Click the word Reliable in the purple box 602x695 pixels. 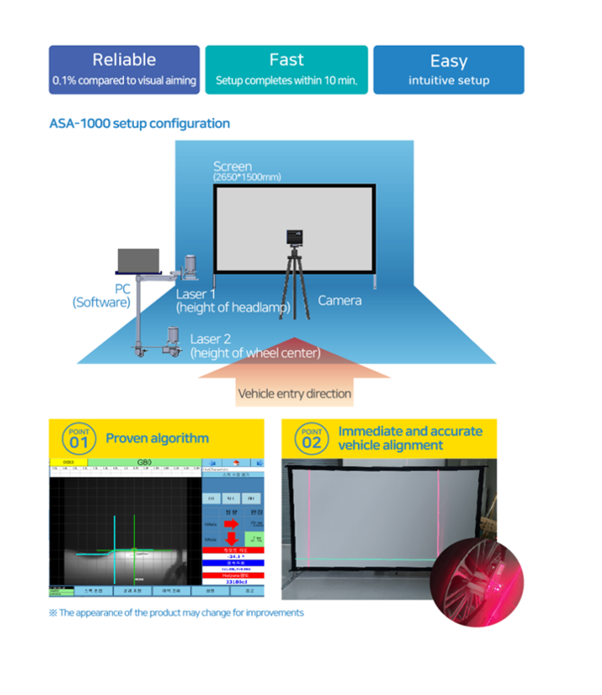[x=124, y=59]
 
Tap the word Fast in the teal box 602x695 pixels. [x=286, y=59]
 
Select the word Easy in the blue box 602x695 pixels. [x=448, y=60]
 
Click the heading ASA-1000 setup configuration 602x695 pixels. [x=139, y=124]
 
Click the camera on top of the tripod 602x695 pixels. [x=293, y=238]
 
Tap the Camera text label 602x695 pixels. [x=340, y=300]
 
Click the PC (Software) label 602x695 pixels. [x=101, y=295]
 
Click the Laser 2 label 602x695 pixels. [x=211, y=339]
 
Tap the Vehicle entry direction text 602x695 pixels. [x=295, y=393]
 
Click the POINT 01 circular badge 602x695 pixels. [x=78, y=438]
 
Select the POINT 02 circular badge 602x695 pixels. [x=311, y=438]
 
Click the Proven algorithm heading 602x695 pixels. [x=157, y=438]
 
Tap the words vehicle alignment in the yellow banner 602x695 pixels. [x=390, y=446]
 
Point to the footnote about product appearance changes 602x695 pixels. [x=176, y=613]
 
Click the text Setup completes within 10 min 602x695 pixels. [x=286, y=81]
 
